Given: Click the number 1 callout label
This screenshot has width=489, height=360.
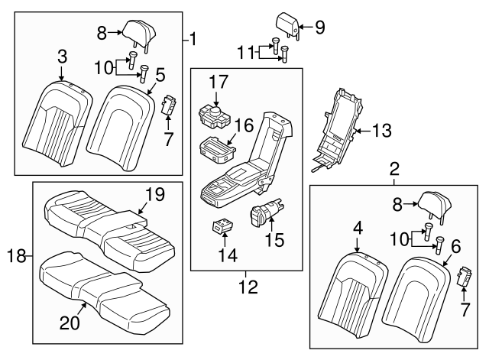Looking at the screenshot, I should click(193, 37).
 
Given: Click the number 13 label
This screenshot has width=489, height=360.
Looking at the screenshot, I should click(382, 131).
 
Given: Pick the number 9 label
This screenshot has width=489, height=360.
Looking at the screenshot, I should click(319, 28).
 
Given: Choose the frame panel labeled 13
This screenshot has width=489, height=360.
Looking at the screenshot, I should click(339, 126).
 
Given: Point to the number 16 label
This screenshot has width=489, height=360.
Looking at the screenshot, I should click(243, 125).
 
